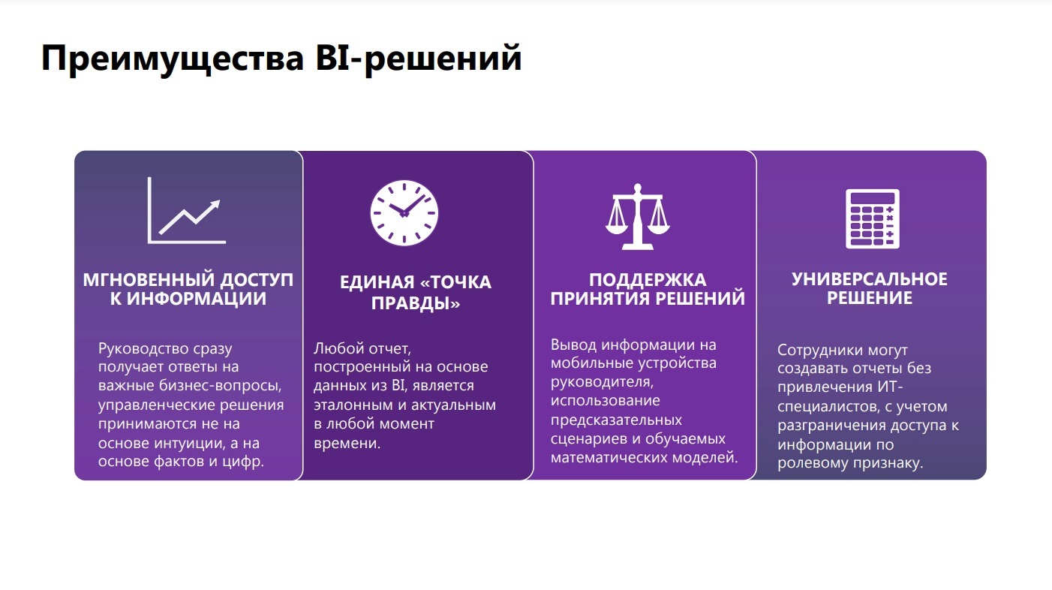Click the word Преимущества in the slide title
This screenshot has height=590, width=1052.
[x=173, y=59]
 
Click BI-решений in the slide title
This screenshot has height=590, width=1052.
[x=419, y=59]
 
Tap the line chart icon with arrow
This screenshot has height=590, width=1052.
[x=186, y=210]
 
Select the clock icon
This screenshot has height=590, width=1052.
[x=404, y=212]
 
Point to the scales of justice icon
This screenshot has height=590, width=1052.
[x=637, y=216]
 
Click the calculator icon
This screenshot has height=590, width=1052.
[x=873, y=218]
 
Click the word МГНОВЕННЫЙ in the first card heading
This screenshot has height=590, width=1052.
[x=149, y=280]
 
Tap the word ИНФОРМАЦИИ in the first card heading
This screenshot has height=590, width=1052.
[x=197, y=299]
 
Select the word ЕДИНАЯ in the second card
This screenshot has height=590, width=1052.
[x=377, y=282]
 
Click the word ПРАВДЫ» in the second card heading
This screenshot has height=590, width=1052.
[x=416, y=303]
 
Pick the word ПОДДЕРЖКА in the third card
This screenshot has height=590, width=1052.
[x=648, y=280]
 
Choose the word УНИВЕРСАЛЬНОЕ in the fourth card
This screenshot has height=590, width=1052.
[x=870, y=279]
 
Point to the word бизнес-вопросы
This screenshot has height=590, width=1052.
[x=221, y=386]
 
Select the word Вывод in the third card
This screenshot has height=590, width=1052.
[x=574, y=345]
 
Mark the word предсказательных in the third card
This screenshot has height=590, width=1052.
[x=616, y=420]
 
